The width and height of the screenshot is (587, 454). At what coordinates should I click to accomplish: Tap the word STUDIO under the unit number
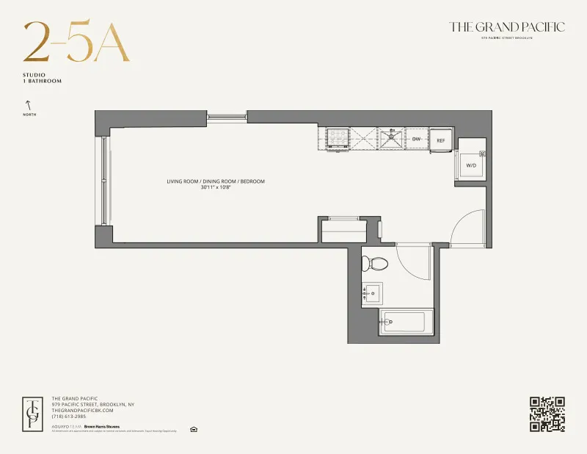tap(34, 76)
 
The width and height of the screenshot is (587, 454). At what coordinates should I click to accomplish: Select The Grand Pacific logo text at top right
tap(507, 27)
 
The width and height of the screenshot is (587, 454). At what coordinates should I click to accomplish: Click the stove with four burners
tap(338, 138)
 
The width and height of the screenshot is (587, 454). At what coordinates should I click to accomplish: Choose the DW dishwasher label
tap(416, 139)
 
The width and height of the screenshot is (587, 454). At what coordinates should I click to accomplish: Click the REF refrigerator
tap(441, 140)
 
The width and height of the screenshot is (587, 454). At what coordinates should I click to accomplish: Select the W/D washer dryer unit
tap(471, 164)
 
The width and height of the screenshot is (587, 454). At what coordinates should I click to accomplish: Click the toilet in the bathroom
tap(379, 262)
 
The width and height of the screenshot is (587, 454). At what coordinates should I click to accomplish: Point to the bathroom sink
tap(373, 294)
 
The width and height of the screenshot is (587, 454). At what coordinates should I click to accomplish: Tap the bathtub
tap(404, 321)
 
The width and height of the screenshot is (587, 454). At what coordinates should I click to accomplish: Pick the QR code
tap(547, 414)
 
